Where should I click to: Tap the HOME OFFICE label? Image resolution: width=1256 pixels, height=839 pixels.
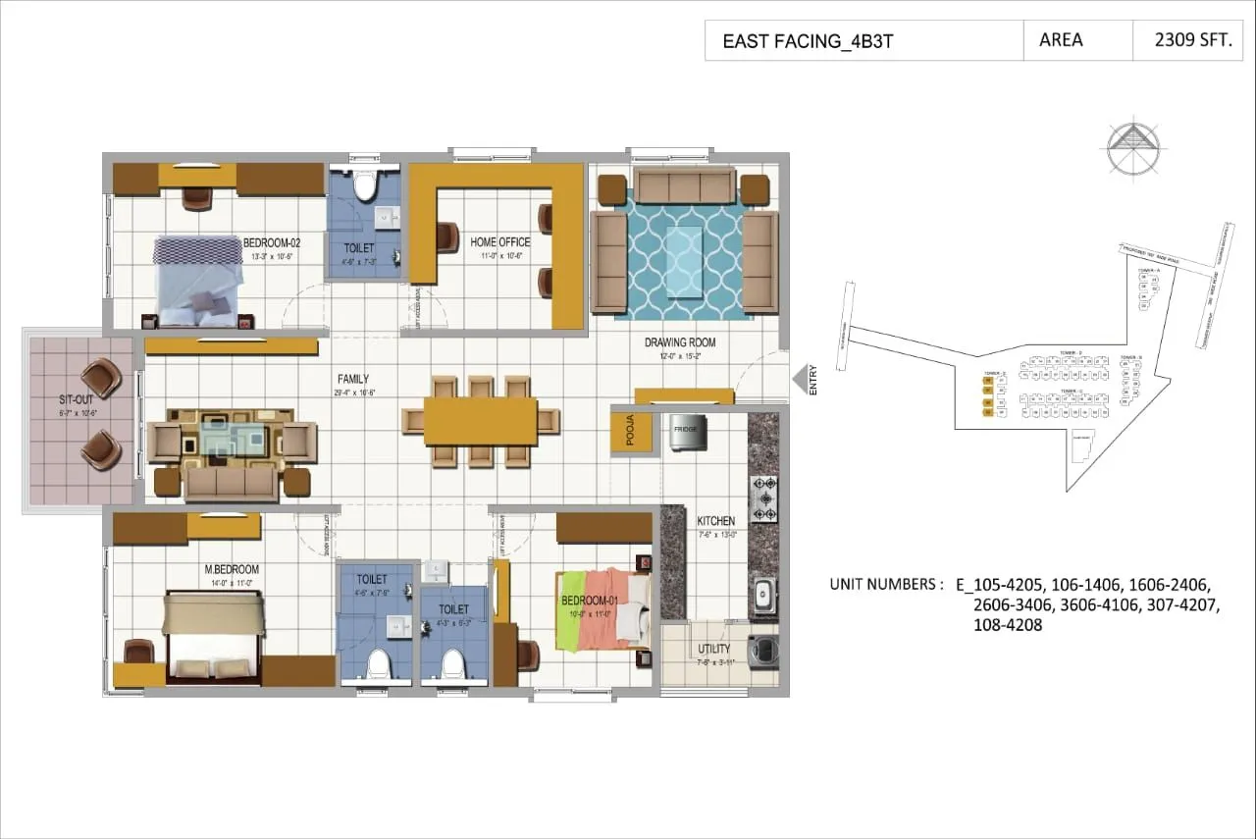pos(499,242)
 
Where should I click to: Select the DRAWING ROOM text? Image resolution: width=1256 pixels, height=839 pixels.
pos(680,342)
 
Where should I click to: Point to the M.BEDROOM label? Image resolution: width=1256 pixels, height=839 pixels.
pos(232,570)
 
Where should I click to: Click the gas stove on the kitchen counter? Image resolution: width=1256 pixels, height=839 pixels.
pos(763,498)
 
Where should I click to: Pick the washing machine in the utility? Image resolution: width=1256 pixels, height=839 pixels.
pos(762,650)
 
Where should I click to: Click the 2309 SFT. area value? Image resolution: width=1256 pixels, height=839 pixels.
pos(1187,41)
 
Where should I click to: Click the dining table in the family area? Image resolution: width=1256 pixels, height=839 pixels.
pos(481,421)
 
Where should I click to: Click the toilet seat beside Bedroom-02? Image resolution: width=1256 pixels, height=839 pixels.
pos(366,184)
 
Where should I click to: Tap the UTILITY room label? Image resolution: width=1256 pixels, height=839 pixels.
pos(713,650)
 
